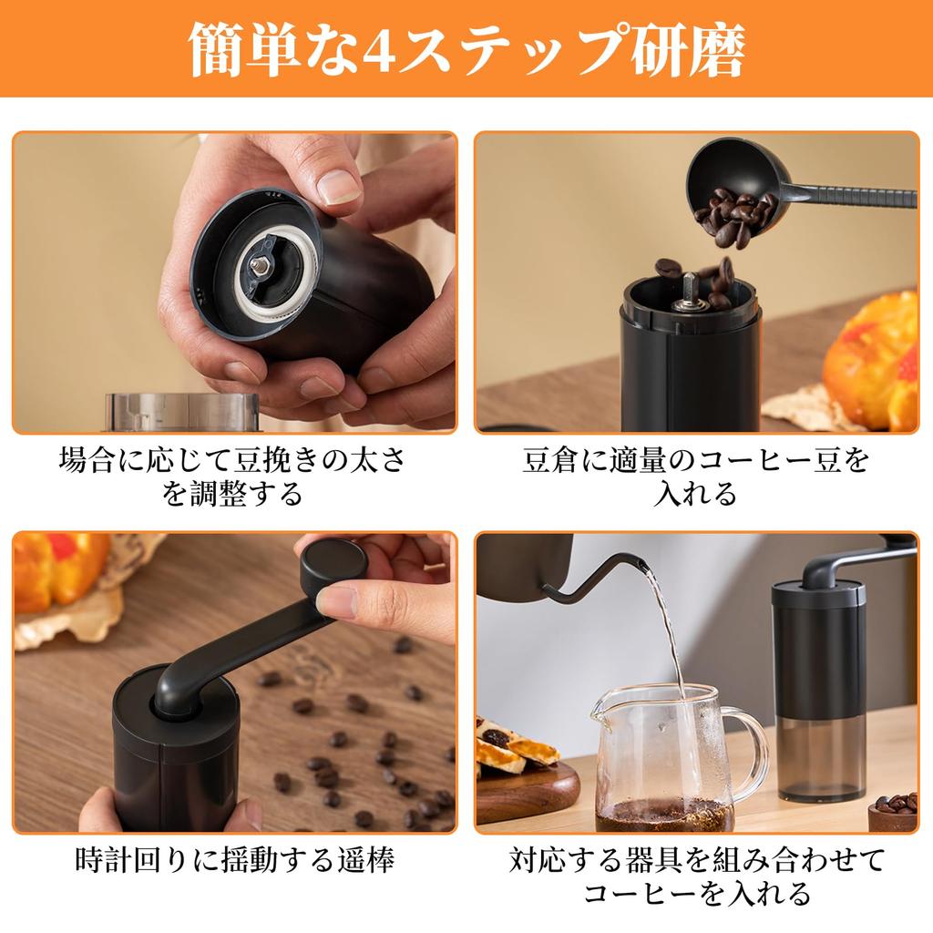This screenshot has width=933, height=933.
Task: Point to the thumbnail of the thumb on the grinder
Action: point(339,186)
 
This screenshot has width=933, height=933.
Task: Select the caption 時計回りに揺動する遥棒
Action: point(234,860)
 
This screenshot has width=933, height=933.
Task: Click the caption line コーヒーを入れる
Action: point(696,893)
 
